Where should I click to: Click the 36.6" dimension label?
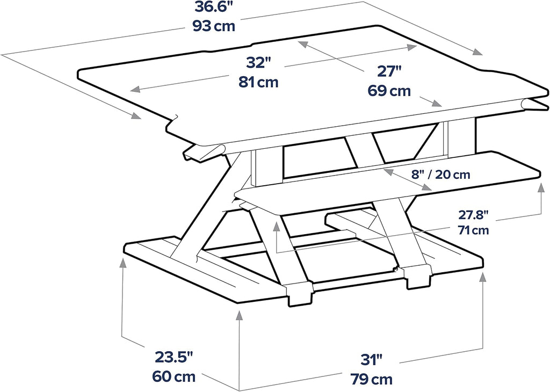(x=214, y=8)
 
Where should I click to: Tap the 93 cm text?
(x=214, y=26)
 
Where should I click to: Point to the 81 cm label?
(x=258, y=82)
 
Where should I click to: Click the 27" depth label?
(x=389, y=71)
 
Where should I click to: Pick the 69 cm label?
(x=389, y=91)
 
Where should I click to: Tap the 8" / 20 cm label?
(x=440, y=175)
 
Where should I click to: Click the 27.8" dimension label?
(x=474, y=215)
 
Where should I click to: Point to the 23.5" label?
(x=175, y=358)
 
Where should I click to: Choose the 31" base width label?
(x=372, y=360)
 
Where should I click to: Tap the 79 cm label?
(x=371, y=379)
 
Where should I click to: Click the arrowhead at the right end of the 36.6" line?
(x=477, y=52)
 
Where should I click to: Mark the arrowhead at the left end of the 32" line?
(x=135, y=90)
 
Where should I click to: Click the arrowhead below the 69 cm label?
(x=437, y=103)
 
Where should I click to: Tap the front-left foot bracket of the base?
(x=299, y=294)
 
